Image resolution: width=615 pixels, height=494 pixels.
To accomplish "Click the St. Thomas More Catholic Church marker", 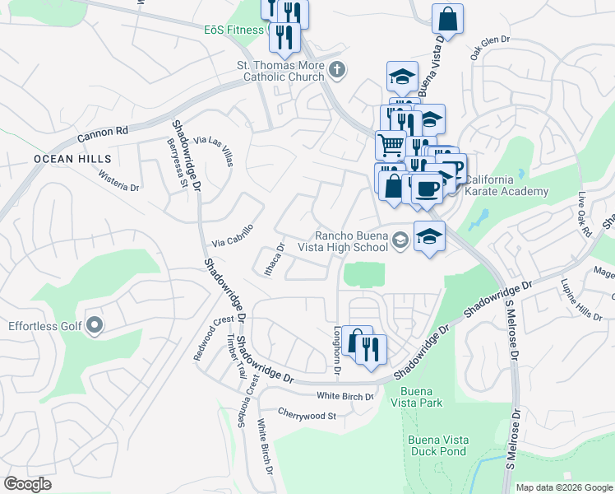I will [x=336, y=71].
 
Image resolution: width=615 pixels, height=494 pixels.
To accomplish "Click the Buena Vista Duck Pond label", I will [x=438, y=445].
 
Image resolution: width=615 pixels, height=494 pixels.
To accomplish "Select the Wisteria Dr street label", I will [x=118, y=181].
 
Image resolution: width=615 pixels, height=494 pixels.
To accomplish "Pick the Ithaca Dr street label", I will [x=273, y=259].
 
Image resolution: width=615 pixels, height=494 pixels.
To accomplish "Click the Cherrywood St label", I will [x=307, y=415].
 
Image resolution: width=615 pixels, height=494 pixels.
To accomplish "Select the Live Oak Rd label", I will [x=585, y=215].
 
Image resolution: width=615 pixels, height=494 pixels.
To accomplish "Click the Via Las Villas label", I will [x=213, y=151].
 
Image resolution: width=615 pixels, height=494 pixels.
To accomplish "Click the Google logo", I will [x=28, y=484].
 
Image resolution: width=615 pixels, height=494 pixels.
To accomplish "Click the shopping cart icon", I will [x=391, y=145].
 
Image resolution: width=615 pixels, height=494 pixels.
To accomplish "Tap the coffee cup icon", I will [x=427, y=189].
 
